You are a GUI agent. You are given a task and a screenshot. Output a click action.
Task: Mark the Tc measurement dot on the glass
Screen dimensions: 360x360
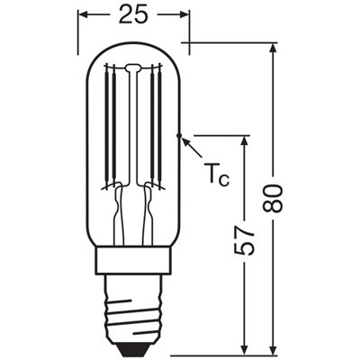pos(181,136)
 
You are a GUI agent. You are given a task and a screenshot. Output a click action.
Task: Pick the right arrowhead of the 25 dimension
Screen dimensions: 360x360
pos(184,15)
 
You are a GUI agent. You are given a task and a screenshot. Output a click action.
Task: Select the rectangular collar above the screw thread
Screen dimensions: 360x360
pos(132,262)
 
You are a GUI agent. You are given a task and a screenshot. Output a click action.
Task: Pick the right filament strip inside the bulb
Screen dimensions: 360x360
pos(156,126)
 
